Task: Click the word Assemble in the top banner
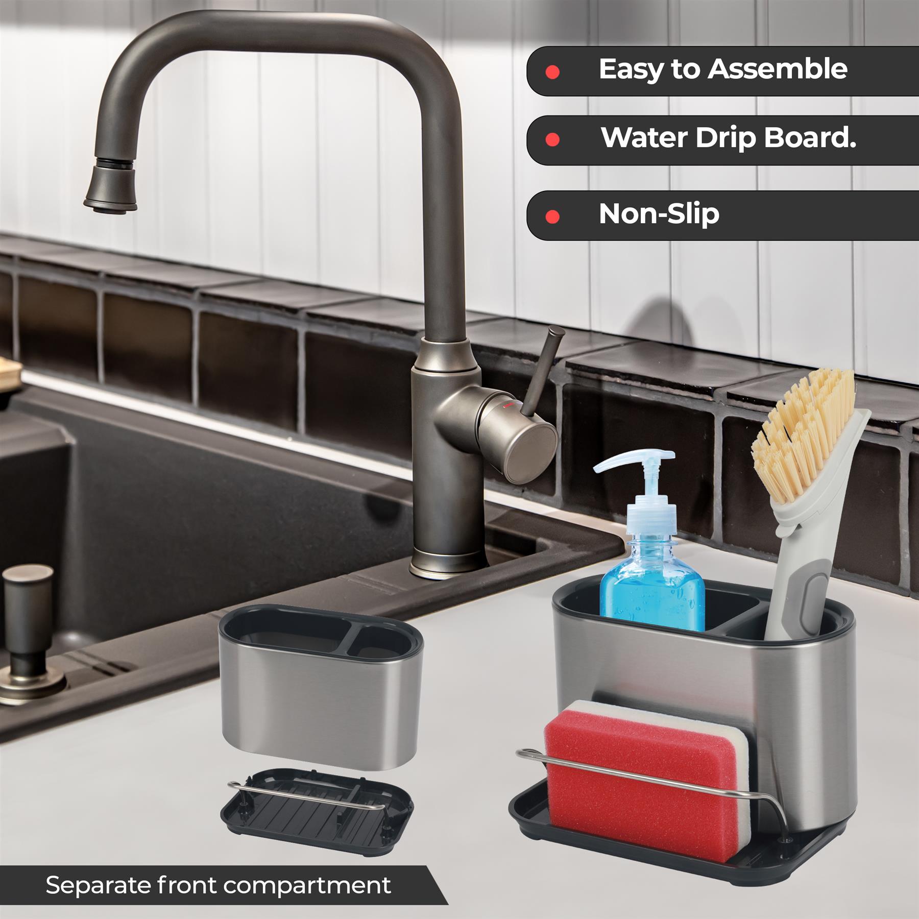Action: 777,69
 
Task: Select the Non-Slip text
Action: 659,213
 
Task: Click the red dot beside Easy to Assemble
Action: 552,72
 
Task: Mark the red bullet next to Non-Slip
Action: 552,217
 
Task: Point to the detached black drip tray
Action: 317,811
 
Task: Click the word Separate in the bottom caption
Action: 99,886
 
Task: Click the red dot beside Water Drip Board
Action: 552,140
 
